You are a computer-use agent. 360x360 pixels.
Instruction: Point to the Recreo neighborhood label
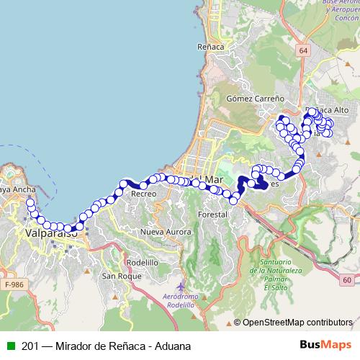tap(143, 194)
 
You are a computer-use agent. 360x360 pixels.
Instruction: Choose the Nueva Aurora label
tap(166, 232)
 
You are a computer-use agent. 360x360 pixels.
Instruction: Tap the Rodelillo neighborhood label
tap(142, 263)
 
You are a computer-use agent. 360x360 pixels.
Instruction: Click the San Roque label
tap(120, 276)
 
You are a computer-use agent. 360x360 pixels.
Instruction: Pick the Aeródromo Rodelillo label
tap(178, 302)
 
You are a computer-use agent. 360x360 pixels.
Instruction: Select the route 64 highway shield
tap(304, 50)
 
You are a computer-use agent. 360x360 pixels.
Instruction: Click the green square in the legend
tap(11, 346)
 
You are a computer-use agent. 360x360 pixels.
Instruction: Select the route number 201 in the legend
tap(30, 346)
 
